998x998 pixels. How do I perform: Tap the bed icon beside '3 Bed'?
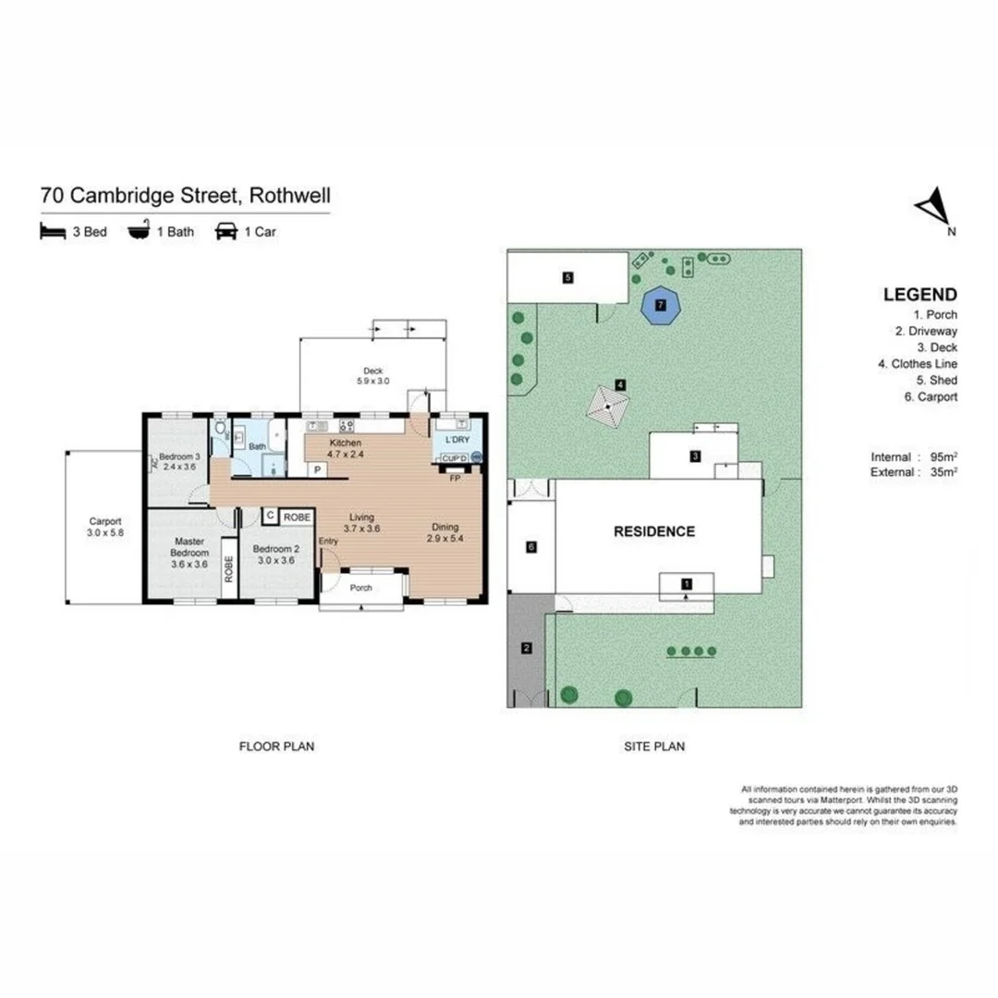pos(53,231)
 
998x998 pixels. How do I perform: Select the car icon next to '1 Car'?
pos(225,231)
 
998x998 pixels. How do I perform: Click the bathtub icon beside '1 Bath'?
pos(139,231)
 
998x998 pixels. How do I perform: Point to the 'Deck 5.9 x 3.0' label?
pos(374,375)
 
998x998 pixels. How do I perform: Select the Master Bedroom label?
pos(188,552)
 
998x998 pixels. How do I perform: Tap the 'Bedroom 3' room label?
pos(178,461)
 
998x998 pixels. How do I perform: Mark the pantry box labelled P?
pos(319,469)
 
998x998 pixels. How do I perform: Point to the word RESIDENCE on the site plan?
pos(654,531)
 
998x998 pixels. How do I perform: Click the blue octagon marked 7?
pos(660,304)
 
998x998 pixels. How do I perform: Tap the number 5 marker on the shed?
pos(568,276)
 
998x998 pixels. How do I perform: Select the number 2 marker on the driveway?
pos(527,648)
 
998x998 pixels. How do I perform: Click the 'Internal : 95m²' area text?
pos(913,456)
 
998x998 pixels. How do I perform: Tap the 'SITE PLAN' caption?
pos(653,746)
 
